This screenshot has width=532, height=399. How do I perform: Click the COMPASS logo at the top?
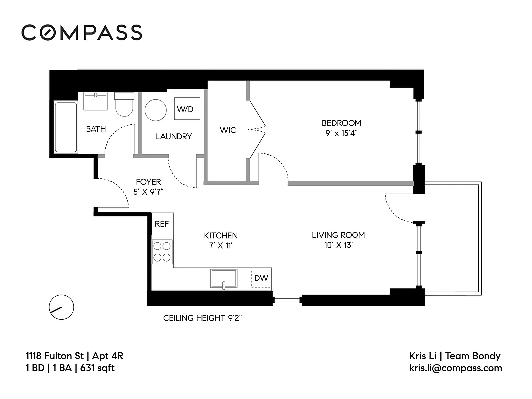tap(82, 32)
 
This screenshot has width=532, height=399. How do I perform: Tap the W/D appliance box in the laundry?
tap(184, 109)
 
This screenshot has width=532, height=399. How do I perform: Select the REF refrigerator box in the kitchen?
tap(162, 224)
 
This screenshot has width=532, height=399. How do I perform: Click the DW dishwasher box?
tap(261, 278)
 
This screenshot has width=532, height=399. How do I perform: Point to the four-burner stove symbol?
tap(162, 251)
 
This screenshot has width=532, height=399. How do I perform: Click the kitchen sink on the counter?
tap(224, 278)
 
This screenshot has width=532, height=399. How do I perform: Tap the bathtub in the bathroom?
tap(66, 127)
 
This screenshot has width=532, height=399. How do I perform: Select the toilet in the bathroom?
tap(124, 104)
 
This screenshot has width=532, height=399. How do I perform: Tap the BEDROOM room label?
tap(341, 123)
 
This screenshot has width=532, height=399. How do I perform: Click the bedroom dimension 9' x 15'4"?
tap(341, 133)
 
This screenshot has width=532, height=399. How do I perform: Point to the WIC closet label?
tap(228, 130)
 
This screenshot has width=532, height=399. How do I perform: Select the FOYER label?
tap(148, 182)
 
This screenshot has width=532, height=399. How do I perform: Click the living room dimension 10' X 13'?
tap(338, 245)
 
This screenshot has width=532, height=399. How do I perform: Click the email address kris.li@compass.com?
tap(455, 368)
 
